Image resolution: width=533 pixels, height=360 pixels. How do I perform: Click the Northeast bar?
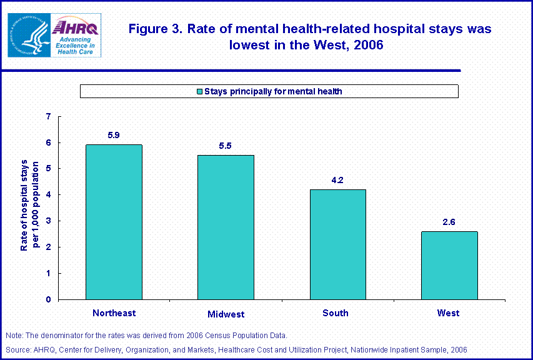coord(114,222)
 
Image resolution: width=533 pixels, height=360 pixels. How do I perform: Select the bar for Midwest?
coord(226,227)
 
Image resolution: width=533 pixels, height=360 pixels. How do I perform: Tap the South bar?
coord(337,244)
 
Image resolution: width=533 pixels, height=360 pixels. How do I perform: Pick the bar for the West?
coord(449,265)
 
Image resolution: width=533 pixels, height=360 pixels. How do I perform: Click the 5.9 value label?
coord(114,135)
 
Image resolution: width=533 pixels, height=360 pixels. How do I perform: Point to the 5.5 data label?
coord(226,146)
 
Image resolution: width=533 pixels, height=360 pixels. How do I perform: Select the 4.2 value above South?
coord(337,180)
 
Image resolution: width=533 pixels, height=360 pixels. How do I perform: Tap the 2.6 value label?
coord(449,222)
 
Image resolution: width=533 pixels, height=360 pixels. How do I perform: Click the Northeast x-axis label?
coord(114,312)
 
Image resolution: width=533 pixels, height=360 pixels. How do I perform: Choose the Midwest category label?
coord(226,314)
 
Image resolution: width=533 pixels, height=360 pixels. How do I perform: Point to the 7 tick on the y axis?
coord(49,116)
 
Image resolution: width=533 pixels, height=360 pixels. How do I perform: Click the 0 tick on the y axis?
coord(49,300)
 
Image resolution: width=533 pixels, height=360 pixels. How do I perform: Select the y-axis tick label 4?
coord(49,195)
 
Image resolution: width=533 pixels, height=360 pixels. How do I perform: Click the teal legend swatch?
coord(200,92)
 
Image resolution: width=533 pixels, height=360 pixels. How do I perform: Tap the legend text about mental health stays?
coord(274,92)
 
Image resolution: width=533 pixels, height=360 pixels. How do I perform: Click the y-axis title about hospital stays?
coord(29,205)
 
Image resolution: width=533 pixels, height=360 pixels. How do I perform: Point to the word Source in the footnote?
coord(16,349)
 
